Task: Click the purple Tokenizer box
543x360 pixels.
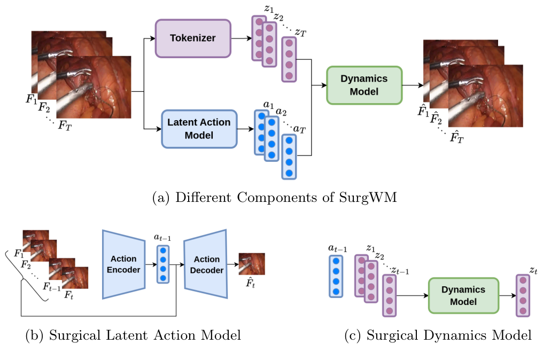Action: [192, 38]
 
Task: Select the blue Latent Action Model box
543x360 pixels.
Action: [199, 129]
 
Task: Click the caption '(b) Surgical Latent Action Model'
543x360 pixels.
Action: [134, 335]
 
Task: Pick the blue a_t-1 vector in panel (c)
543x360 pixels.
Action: [336, 276]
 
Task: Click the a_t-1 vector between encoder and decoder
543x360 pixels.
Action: [162, 264]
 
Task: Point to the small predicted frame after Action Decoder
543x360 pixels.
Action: [251, 263]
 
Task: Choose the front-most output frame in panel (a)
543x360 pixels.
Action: [485, 96]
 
